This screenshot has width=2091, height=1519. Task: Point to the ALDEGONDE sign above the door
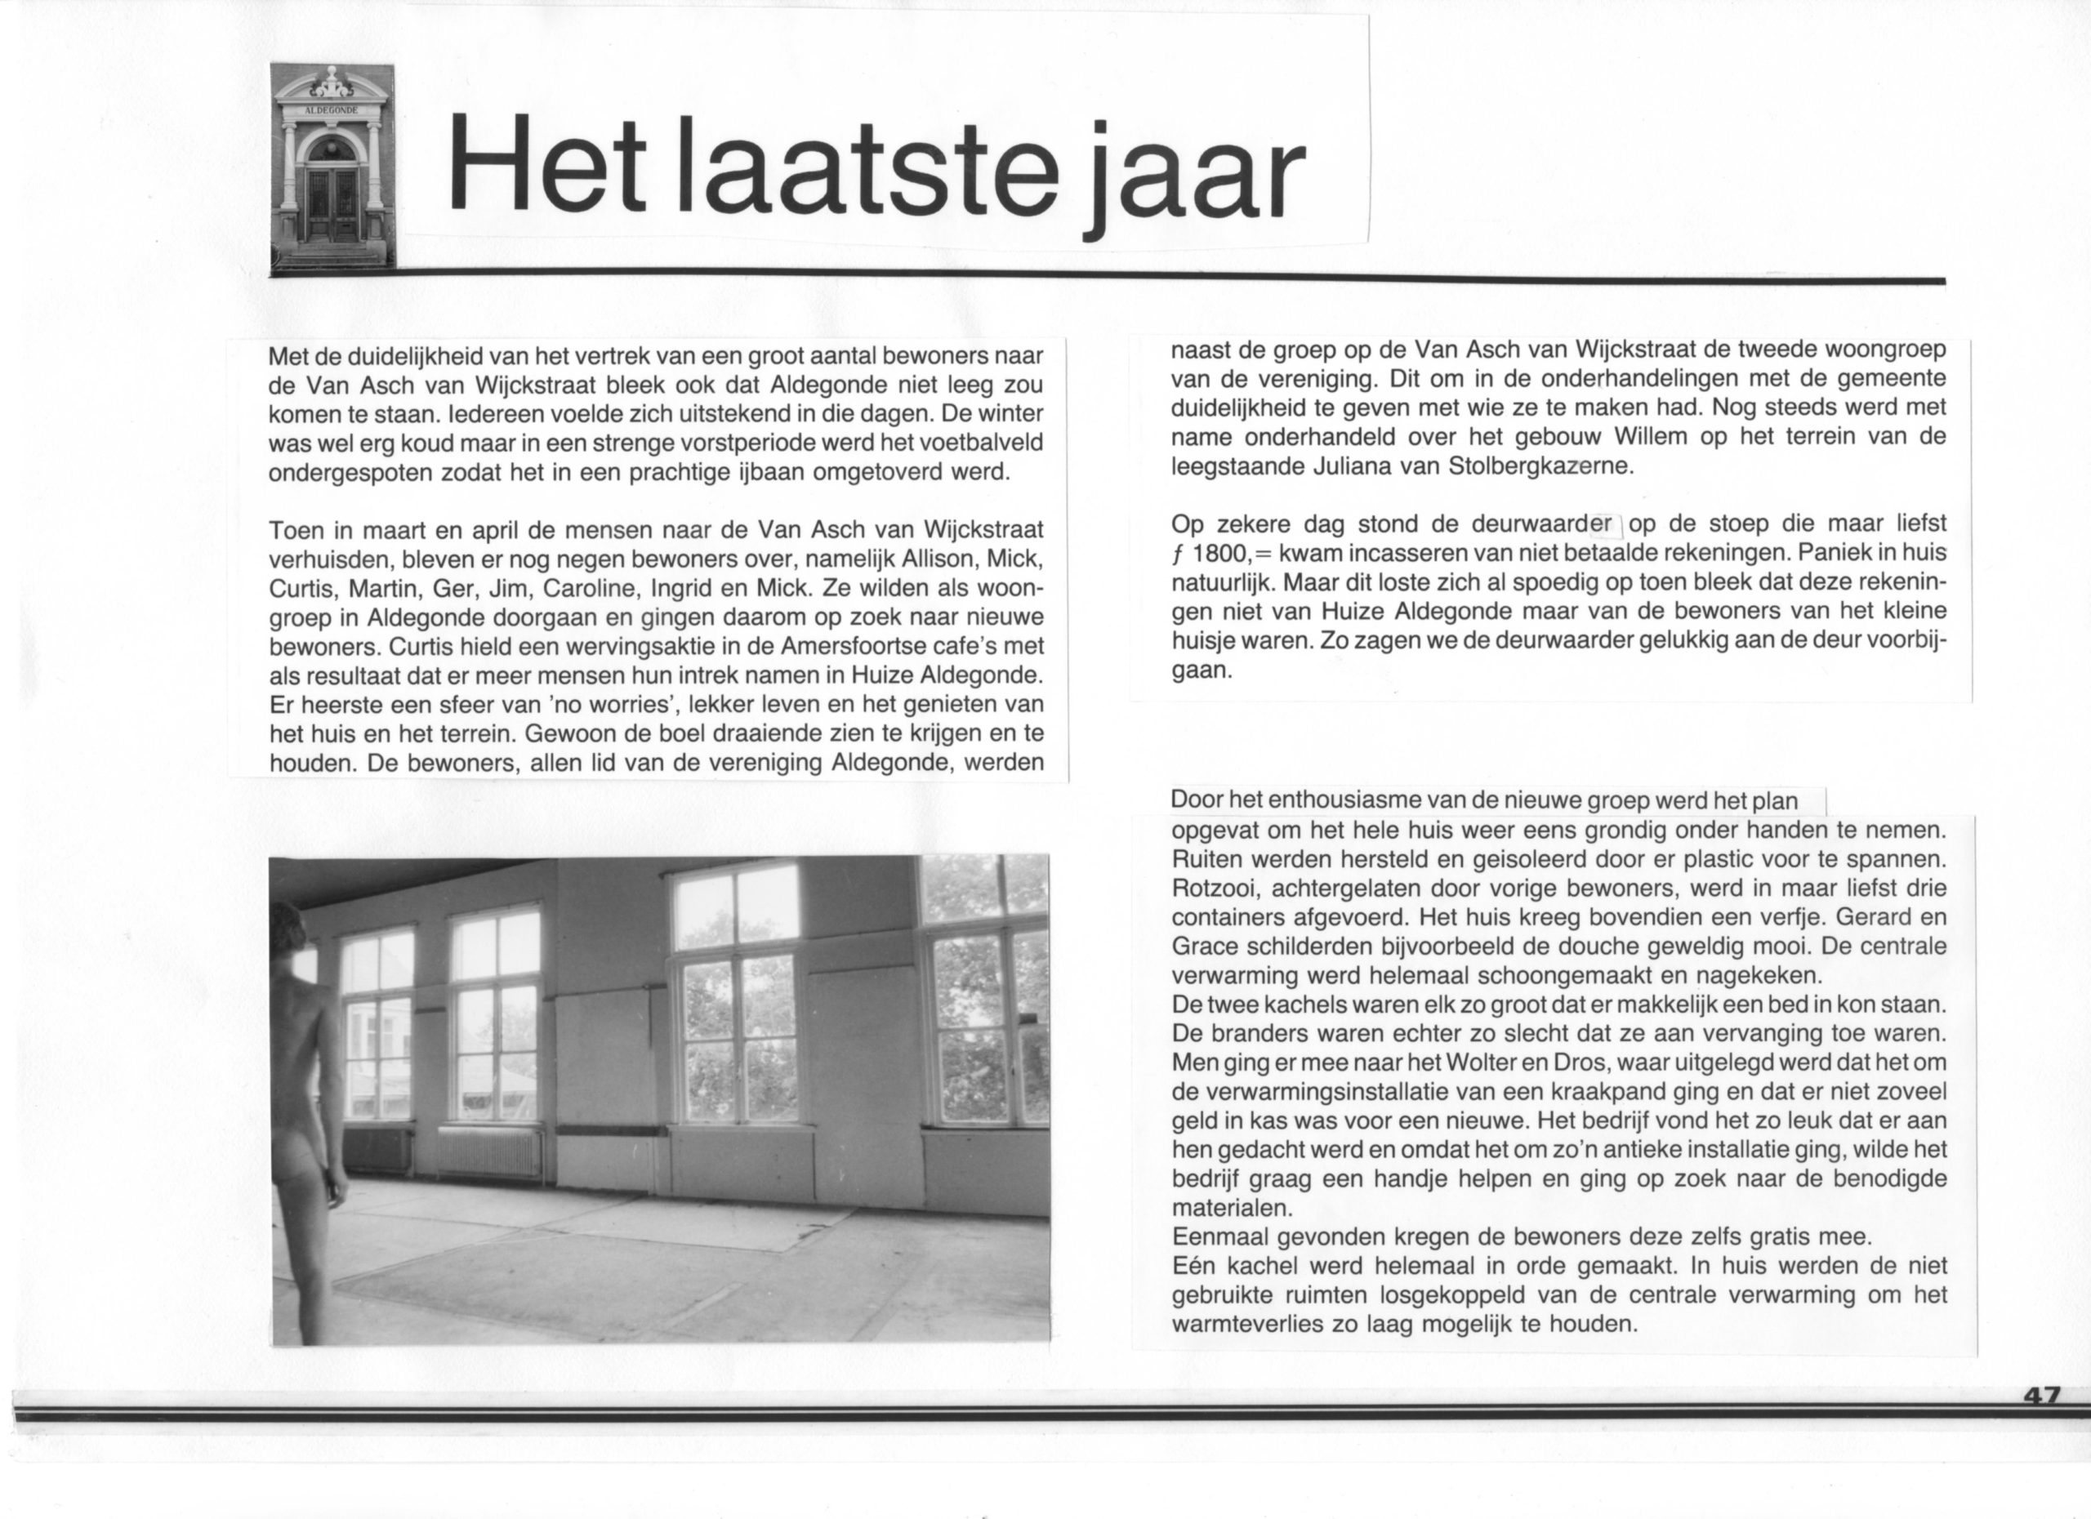point(332,109)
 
